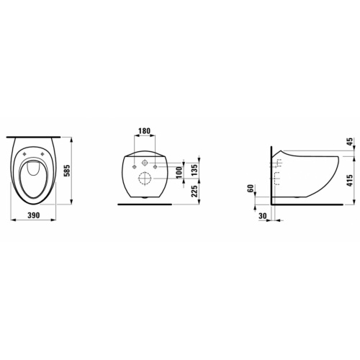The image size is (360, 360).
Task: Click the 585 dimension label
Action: click(68, 171)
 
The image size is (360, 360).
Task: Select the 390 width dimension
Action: click(34, 215)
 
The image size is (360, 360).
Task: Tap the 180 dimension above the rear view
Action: click(145, 131)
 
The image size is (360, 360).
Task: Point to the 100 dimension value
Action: click(179, 173)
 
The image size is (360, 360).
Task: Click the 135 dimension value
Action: click(195, 169)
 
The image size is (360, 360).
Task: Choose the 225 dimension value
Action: click(195, 191)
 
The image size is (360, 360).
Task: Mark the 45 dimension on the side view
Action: click(350, 142)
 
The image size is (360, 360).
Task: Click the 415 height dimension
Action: click(350, 181)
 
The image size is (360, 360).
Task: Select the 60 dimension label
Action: click(251, 188)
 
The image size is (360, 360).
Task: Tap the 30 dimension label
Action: click(263, 216)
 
